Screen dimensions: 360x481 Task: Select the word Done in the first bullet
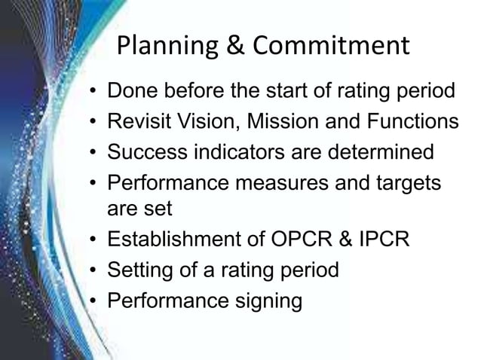133,93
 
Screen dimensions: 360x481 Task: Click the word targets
405,182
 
